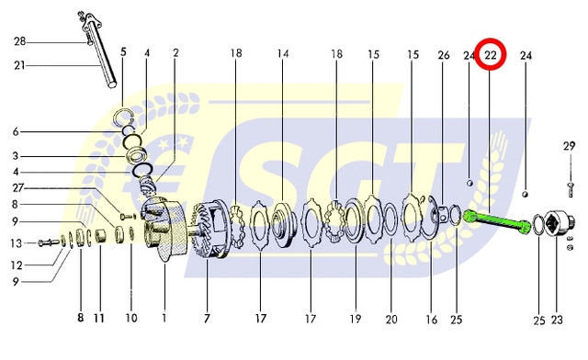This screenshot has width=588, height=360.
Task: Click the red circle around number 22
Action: pos(491,39)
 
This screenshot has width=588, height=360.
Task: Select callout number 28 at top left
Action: pos(20,41)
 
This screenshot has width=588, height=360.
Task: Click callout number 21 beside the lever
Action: pos(19,65)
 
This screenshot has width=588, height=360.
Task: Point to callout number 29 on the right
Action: pos(570,146)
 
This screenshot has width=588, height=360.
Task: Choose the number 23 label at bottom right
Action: pos(557,321)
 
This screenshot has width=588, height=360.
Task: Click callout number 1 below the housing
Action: pos(164,319)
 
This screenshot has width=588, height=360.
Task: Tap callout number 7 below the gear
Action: pos(207,319)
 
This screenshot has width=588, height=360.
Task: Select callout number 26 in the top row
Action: pos(444,55)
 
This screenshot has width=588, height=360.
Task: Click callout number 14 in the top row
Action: pos(283,54)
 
